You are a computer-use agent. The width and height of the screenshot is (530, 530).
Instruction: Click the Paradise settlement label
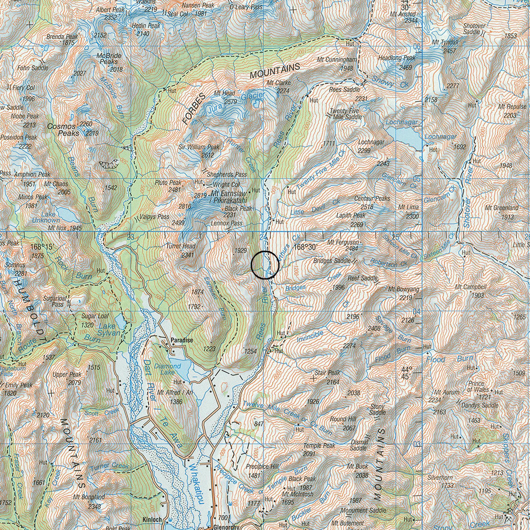[182, 340]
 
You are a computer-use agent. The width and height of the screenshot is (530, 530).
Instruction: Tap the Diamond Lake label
[167, 369]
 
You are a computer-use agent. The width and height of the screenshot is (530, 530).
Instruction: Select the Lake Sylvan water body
[120, 322]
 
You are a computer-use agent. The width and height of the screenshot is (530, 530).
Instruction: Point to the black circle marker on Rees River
[265, 265]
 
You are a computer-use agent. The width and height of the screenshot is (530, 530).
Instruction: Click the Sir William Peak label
[199, 147]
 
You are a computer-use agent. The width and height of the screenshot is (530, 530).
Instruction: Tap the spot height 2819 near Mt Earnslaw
[200, 195]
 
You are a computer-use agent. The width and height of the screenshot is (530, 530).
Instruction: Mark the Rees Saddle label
[344, 90]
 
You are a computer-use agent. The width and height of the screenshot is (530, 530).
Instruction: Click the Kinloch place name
[152, 519]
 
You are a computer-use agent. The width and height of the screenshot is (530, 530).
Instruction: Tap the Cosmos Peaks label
[63, 130]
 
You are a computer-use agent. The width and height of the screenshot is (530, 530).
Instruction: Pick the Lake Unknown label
[45, 217]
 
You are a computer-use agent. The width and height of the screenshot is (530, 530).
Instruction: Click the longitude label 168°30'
[305, 247]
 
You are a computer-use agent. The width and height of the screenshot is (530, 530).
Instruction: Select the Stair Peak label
[327, 373]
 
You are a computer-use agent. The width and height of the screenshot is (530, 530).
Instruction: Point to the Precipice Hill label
[262, 466]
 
